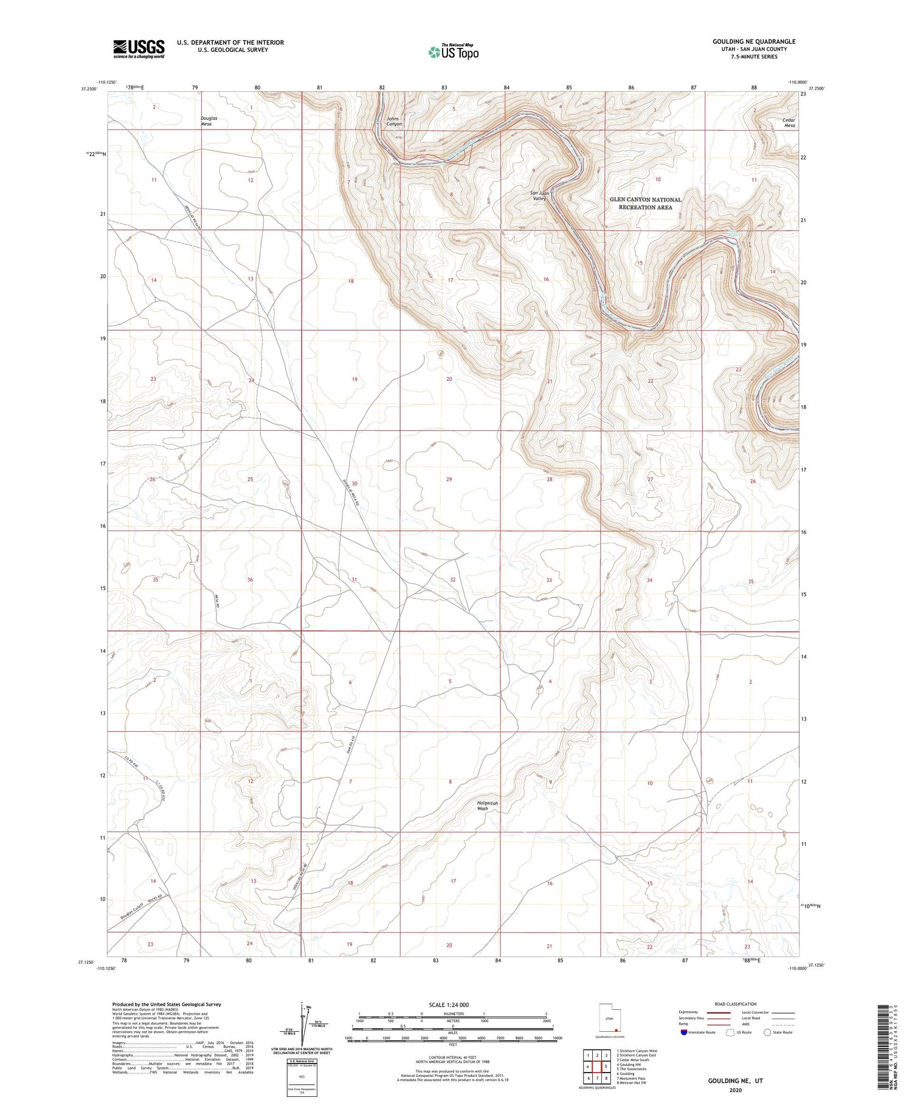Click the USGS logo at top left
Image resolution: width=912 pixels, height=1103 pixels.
pyautogui.click(x=139, y=49)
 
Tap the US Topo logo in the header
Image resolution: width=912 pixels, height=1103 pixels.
pyautogui.click(x=453, y=52)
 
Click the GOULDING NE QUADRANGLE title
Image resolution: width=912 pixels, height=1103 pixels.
pyautogui.click(x=753, y=41)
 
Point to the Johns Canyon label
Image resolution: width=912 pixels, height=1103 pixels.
pyautogui.click(x=394, y=121)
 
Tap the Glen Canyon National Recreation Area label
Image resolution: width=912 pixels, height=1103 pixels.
pyautogui.click(x=645, y=203)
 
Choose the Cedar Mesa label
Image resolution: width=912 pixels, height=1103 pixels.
pyautogui.click(x=789, y=123)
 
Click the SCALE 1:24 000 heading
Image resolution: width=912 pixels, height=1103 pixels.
pyautogui.click(x=449, y=1004)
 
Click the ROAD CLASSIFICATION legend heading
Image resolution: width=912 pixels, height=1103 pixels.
pyautogui.click(x=735, y=1004)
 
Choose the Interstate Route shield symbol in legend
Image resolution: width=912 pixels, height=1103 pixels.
pyautogui.click(x=683, y=1032)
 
